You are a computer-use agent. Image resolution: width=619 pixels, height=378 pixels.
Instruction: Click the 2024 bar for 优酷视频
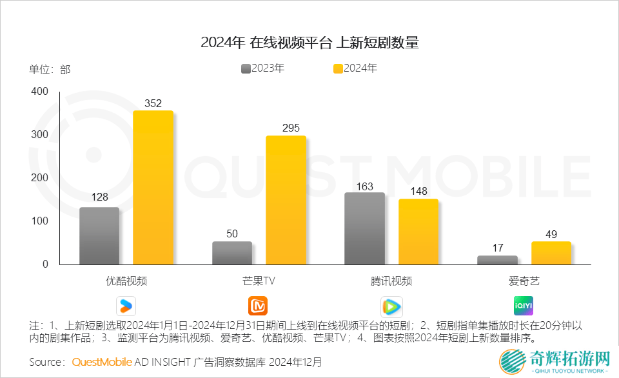point(153,187)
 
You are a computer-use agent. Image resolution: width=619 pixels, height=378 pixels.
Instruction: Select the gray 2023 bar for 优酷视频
point(99,235)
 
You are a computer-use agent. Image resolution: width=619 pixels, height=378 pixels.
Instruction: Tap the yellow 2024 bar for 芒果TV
point(286,200)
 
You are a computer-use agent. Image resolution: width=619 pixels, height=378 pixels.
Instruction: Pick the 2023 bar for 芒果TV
point(232,253)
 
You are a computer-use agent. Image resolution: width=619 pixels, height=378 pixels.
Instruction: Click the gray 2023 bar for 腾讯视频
point(364,228)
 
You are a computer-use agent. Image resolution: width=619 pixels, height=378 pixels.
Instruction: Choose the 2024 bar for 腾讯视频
point(418,232)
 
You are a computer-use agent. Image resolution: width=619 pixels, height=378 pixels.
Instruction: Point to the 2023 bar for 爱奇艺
point(497,260)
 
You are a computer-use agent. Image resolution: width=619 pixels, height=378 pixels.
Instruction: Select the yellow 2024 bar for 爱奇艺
point(551,253)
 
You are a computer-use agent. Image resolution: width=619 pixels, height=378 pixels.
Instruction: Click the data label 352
point(153,103)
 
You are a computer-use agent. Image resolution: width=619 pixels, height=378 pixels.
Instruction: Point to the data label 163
point(364,186)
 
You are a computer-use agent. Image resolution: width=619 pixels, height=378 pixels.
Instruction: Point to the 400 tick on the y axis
point(39,92)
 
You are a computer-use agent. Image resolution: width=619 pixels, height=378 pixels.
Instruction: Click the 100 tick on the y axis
point(39,221)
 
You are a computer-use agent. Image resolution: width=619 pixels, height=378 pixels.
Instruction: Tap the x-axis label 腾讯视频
point(391,281)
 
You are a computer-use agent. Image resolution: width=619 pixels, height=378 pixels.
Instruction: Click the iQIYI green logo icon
point(523,305)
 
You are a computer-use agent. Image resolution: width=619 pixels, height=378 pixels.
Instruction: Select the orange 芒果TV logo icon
point(258,305)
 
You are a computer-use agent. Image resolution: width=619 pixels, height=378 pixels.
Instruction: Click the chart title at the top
point(309,43)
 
